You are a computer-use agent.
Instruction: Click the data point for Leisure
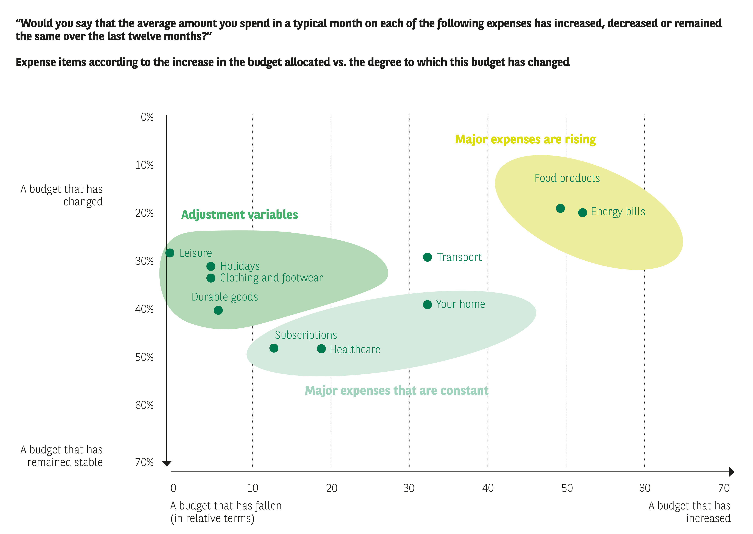(x=170, y=253)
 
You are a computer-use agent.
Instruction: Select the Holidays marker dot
(x=211, y=266)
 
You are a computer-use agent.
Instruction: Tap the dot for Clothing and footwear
(x=211, y=278)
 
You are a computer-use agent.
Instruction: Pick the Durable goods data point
(x=218, y=310)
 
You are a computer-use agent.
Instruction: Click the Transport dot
(x=427, y=257)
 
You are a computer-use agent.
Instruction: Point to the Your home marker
(x=427, y=304)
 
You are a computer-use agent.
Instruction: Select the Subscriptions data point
(x=274, y=348)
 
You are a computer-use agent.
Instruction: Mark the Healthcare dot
(x=321, y=349)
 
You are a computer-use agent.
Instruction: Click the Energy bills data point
(x=583, y=213)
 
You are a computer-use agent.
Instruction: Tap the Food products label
(x=567, y=178)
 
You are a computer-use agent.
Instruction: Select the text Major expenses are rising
(x=525, y=139)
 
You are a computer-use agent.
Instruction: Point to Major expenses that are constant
(x=397, y=391)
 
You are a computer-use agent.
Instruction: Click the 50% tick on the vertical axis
(x=144, y=357)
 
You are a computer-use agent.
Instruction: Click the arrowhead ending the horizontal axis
(x=731, y=472)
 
